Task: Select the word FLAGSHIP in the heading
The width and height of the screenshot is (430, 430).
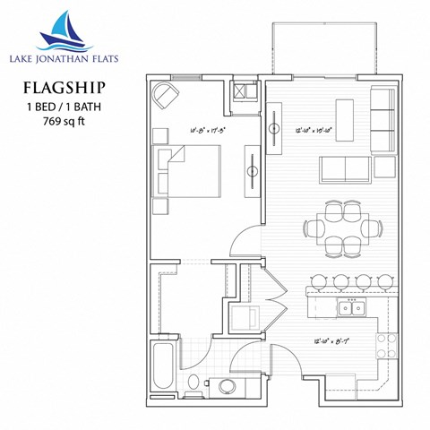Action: (x=60, y=87)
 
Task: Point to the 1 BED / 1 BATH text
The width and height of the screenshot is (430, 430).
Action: (x=60, y=106)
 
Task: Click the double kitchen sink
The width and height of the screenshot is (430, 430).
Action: (x=350, y=310)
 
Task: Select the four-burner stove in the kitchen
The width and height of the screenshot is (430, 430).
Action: (x=386, y=346)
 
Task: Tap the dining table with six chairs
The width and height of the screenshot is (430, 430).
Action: (x=340, y=228)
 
